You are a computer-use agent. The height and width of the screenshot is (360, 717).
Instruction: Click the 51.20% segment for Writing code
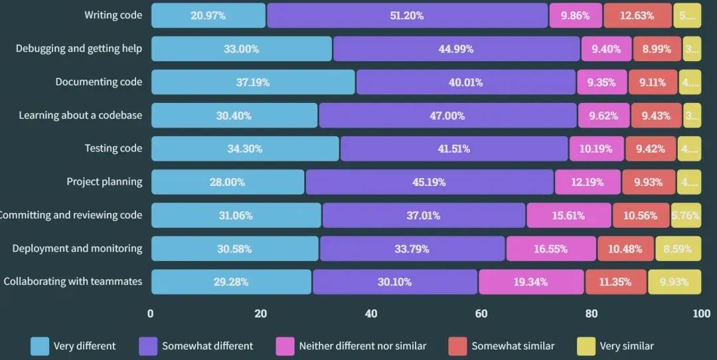click(407, 15)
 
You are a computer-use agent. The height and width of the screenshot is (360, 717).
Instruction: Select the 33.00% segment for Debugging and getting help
click(242, 48)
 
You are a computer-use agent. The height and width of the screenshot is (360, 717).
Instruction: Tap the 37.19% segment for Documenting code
click(254, 82)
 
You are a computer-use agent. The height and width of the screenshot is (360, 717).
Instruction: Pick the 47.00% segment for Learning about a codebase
click(447, 116)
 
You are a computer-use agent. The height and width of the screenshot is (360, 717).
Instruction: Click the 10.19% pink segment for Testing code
click(596, 149)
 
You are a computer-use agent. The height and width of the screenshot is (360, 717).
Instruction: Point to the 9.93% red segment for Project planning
click(648, 182)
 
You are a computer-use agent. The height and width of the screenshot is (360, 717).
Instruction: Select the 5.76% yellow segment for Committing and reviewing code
click(686, 215)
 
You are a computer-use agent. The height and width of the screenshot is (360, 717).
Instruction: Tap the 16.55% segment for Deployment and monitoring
click(551, 248)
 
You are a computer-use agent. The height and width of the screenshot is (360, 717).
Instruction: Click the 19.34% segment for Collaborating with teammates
click(530, 282)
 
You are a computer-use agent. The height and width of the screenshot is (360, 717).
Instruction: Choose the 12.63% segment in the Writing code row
click(637, 15)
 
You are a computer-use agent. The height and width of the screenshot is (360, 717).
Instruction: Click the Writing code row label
click(113, 15)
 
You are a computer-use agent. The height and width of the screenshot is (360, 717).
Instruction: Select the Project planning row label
click(104, 182)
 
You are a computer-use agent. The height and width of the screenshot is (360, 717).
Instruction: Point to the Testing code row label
click(113, 148)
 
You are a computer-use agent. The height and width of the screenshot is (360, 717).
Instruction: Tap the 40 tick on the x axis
click(371, 314)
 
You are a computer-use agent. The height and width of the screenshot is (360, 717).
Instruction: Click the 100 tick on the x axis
click(701, 314)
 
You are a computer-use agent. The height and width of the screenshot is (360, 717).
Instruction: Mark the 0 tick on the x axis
click(151, 314)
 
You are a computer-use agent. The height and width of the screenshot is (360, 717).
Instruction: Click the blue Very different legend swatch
click(40, 346)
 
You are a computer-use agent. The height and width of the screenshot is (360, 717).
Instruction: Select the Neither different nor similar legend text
click(362, 346)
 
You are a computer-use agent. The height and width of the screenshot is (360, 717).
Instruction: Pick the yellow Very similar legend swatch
click(586, 346)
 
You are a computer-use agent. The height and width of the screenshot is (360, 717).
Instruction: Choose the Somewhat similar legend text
click(513, 346)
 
